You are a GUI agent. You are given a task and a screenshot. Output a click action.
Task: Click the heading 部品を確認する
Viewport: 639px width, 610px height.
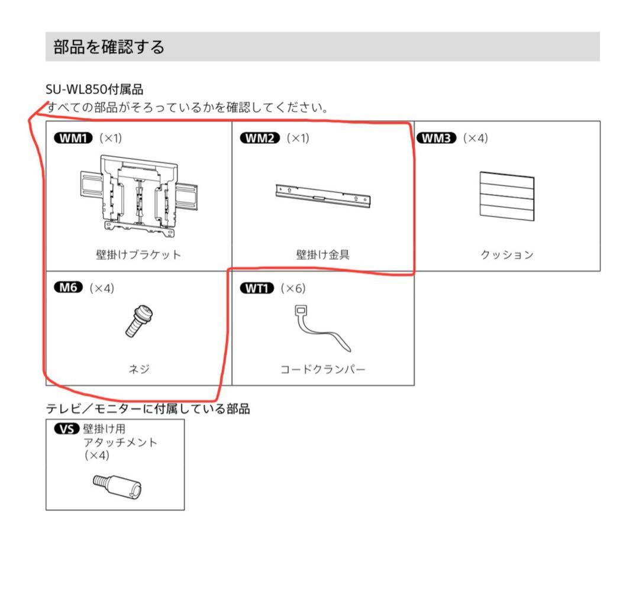pyautogui.click(x=109, y=47)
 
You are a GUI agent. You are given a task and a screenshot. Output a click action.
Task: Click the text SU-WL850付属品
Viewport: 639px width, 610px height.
pyautogui.click(x=95, y=90)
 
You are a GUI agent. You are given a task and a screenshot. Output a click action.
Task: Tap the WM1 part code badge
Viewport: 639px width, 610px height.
pyautogui.click(x=73, y=138)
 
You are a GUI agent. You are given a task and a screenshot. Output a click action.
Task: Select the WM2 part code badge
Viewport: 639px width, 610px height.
pyautogui.click(x=260, y=138)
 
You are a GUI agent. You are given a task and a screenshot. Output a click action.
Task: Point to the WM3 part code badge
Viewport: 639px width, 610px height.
pyautogui.click(x=437, y=138)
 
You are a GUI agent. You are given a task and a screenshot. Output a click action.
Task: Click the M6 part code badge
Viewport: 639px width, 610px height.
pyautogui.click(x=69, y=288)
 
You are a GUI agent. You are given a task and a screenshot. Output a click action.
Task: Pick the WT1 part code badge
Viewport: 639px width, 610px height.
pyautogui.click(x=257, y=288)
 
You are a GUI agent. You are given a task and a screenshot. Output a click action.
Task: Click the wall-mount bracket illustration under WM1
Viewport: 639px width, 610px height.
pyautogui.click(x=138, y=193)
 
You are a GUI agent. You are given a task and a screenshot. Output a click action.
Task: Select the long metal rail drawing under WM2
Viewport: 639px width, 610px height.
pyautogui.click(x=324, y=196)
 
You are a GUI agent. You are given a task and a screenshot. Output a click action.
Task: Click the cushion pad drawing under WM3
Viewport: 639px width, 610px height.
pyautogui.click(x=505, y=198)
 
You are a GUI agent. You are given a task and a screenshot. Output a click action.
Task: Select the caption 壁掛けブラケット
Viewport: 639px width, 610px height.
pyautogui.click(x=138, y=255)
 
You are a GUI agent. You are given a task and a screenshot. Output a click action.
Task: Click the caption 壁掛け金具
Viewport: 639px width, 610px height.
pyautogui.click(x=323, y=255)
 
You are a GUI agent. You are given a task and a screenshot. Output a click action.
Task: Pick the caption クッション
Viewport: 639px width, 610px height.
pyautogui.click(x=507, y=255)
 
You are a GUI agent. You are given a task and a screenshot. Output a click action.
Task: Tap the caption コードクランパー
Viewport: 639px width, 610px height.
pyautogui.click(x=323, y=370)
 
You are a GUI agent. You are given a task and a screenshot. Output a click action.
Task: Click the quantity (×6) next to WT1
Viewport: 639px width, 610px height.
pyautogui.click(x=293, y=288)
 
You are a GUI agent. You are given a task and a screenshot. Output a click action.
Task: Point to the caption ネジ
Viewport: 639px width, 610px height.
pyautogui.click(x=139, y=370)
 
